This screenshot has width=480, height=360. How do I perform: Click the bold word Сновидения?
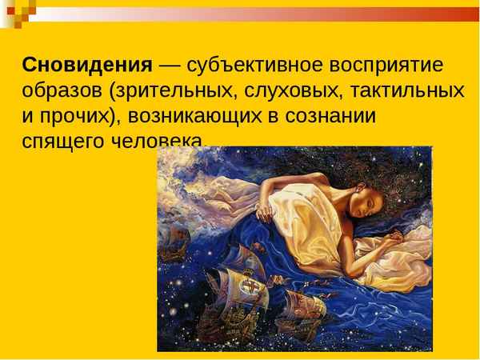(x=86, y=64)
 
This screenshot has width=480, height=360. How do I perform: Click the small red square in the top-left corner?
(x=6, y=6)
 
